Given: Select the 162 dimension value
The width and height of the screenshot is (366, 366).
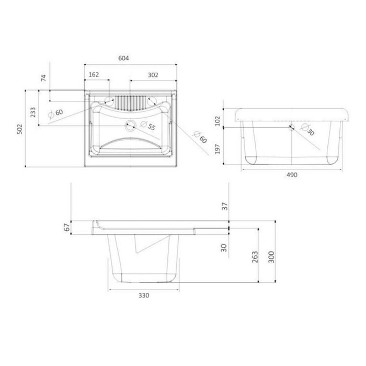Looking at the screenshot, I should (95, 75).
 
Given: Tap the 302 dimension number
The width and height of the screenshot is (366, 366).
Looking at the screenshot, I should (153, 75).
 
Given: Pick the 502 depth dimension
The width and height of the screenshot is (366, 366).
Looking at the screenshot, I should (19, 129).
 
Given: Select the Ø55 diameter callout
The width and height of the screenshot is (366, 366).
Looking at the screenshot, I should (149, 127).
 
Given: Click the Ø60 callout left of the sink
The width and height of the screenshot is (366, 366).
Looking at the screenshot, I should (56, 113).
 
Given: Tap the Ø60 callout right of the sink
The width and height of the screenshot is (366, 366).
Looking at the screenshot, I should (199, 137).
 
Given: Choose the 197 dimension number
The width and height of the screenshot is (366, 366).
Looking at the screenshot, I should (218, 150).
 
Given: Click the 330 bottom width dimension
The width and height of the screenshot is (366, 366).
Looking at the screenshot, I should (144, 295).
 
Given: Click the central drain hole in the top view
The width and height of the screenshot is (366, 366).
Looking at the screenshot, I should (130, 124).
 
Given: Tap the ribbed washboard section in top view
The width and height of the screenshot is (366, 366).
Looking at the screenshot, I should (130, 100).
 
